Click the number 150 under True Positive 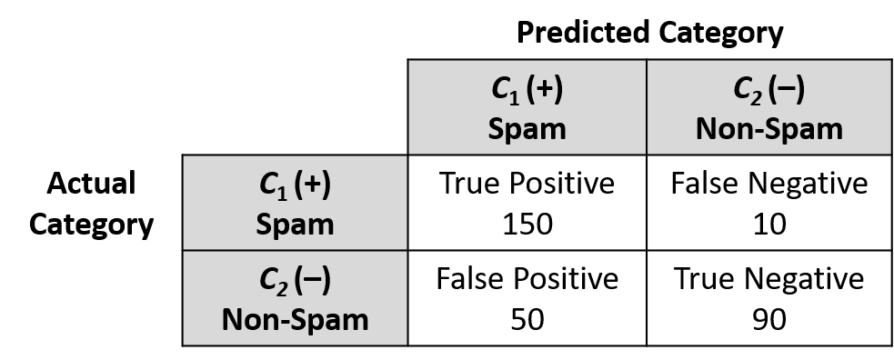(527, 224)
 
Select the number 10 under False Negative (769, 224)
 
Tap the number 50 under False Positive (527, 320)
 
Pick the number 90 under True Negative (769, 320)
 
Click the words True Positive (527, 184)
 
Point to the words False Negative (769, 184)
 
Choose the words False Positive (527, 279)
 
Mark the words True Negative (769, 279)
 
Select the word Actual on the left (91, 184)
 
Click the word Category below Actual (91, 225)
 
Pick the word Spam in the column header (527, 129)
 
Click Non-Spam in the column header (769, 129)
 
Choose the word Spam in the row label (295, 225)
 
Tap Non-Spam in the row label (295, 320)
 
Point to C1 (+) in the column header (527, 90)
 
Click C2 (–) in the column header (769, 90)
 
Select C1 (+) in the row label (295, 185)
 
